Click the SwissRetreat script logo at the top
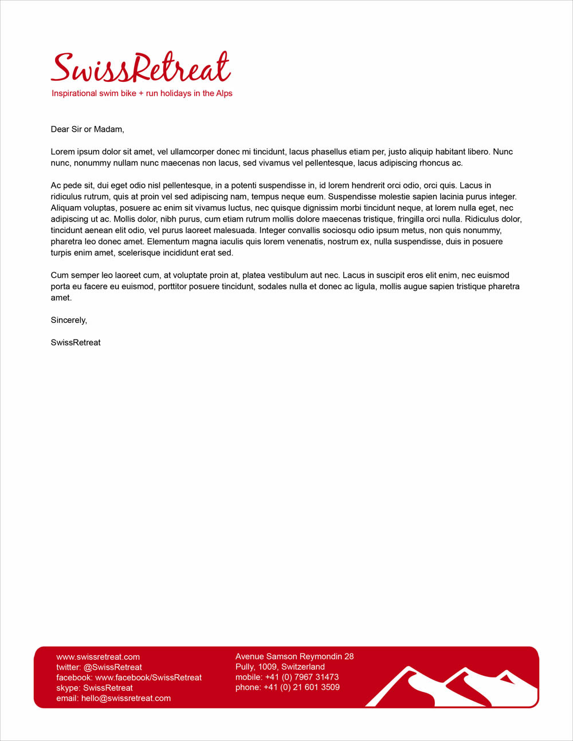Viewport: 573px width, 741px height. point(140,68)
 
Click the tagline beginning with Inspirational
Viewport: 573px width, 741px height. point(142,93)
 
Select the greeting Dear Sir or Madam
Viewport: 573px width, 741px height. point(87,129)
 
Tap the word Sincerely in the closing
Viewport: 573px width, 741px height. point(69,320)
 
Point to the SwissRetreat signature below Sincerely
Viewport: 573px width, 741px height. point(76,342)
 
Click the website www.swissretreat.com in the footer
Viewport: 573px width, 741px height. point(98,657)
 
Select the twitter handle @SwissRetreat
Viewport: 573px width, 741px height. point(112,667)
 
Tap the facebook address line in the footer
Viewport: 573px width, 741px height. point(129,677)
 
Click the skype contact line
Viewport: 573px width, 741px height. point(95,688)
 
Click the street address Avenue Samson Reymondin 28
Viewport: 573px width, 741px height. point(295,656)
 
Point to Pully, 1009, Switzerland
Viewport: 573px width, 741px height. point(280,667)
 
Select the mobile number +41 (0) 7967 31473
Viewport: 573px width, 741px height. point(301,677)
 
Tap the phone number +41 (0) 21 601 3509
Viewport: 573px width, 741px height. point(301,687)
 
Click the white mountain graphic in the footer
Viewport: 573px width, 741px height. point(453,687)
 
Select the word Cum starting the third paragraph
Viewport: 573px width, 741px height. point(60,275)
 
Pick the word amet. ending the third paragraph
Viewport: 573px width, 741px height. point(61,298)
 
